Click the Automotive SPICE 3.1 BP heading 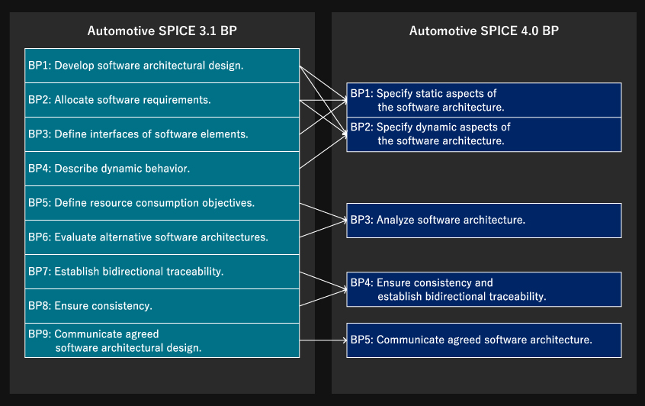[162, 31]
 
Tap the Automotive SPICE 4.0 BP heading [483, 31]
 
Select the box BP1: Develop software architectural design [162, 66]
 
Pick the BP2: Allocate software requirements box [162, 100]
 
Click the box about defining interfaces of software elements [162, 134]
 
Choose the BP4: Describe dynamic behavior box [162, 169]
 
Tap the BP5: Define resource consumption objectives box [162, 203]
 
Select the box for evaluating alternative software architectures [162, 237]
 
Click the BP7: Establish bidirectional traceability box [162, 272]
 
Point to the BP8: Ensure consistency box [162, 306]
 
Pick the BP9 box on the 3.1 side [162, 340]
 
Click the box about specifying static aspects [484, 100]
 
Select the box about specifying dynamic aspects [484, 134]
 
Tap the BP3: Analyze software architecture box [484, 221]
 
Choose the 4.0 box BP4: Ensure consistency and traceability [484, 289]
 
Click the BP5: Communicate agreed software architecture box [484, 340]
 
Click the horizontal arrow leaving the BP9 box [323, 340]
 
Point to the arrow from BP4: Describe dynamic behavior [323, 151]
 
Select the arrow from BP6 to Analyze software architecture [323, 229]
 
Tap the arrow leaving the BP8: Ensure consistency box [323, 298]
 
